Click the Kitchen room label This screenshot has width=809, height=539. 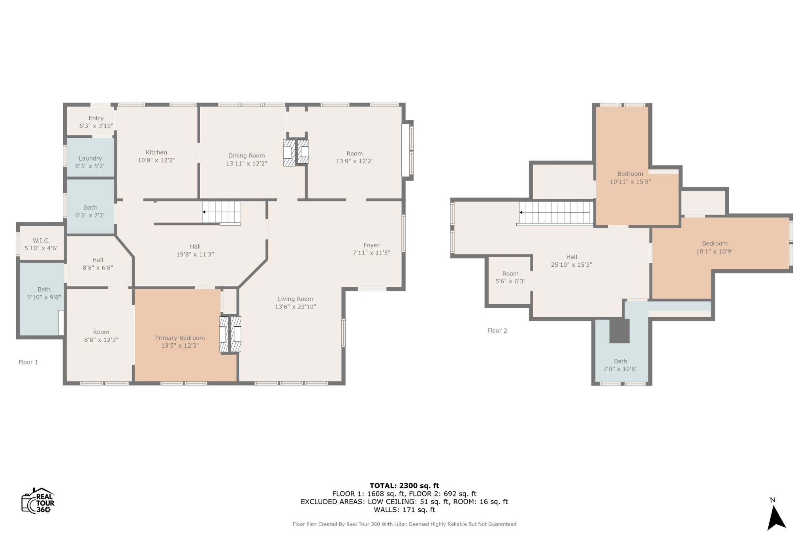click(156, 152)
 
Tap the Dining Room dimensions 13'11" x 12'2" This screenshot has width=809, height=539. click(246, 163)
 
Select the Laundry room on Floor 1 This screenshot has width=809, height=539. click(90, 157)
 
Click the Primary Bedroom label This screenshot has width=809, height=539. click(180, 338)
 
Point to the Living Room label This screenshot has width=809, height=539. click(295, 299)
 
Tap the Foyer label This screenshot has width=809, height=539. click(371, 245)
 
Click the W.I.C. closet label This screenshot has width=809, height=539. click(41, 240)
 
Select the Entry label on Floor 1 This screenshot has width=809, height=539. click(96, 118)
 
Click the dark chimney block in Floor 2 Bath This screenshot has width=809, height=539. click(619, 331)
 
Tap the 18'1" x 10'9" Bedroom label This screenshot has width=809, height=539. click(715, 247)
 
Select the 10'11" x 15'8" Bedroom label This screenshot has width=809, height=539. click(630, 178)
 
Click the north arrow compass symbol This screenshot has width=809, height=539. click(776, 518)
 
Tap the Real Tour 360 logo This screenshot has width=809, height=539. click(38, 501)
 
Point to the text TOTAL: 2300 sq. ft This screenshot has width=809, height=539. click(404, 486)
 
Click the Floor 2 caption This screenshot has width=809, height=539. click(497, 331)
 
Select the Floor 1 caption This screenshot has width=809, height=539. click(28, 362)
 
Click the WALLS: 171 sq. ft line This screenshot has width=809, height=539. click(404, 510)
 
